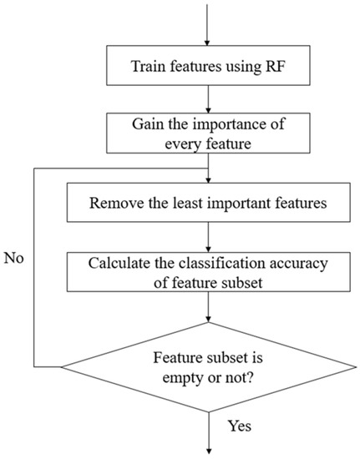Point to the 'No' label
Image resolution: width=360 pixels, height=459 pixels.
[x=15, y=258]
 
